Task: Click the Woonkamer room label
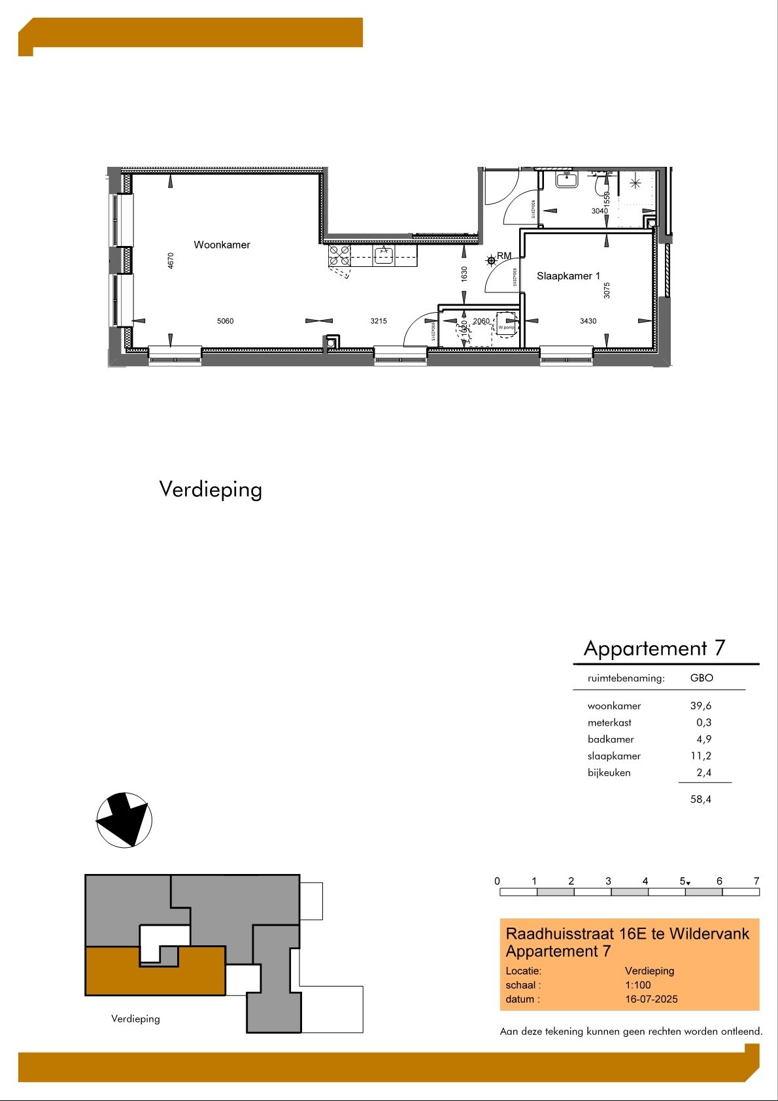[x=222, y=245]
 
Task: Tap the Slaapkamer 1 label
[x=568, y=276]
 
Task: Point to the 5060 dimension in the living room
[x=225, y=321]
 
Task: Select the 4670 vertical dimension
[x=171, y=260]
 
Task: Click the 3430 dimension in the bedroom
[x=588, y=321]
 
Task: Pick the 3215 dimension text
[x=379, y=321]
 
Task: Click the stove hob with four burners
[x=339, y=255]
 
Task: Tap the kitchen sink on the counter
[x=384, y=254]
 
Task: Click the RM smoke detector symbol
[x=492, y=260]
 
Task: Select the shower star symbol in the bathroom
[x=635, y=183]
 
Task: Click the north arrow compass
[x=124, y=820]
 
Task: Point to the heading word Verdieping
[x=211, y=489]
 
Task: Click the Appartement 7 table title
[x=654, y=648]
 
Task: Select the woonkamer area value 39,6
[x=701, y=706]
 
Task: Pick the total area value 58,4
[x=701, y=799]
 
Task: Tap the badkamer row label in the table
[x=611, y=739]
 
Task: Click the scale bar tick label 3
[x=608, y=881]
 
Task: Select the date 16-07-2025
[x=651, y=999]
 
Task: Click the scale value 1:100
[x=638, y=985]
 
